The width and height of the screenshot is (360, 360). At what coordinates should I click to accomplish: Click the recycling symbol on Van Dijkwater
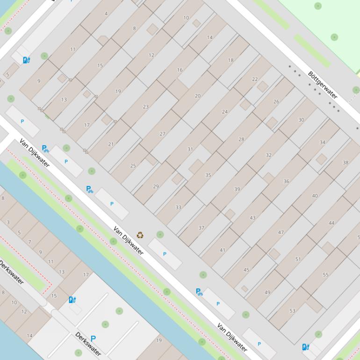[140, 235]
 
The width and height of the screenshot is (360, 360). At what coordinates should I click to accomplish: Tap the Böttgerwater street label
[323, 84]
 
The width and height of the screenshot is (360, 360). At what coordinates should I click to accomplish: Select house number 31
[190, 149]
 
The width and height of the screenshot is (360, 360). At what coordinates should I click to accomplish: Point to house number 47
[281, 232]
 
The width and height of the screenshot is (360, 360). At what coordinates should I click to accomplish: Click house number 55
[325, 274]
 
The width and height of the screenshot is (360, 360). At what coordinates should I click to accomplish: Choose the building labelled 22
[255, 79]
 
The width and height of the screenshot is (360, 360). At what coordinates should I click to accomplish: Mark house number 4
[106, 14]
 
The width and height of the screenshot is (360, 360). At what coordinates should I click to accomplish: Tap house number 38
[346, 163]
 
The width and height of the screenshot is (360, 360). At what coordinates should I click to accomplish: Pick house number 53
[292, 310]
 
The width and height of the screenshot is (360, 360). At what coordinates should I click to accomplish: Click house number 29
[156, 186]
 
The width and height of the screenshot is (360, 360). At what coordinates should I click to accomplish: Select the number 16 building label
[180, 70]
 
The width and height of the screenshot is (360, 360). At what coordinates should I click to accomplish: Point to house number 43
[252, 217]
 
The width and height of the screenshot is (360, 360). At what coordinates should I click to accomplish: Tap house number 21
[111, 144]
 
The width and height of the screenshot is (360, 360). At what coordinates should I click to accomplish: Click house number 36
[286, 181]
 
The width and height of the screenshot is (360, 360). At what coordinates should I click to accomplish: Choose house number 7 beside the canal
[29, 242]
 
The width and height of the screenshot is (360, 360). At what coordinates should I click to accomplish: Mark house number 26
[276, 101]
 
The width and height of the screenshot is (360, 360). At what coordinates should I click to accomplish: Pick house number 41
[222, 250]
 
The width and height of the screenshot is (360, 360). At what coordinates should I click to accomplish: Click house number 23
[145, 107]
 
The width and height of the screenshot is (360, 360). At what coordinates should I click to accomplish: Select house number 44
[331, 223]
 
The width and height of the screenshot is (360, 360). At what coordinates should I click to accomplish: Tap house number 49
[267, 292]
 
